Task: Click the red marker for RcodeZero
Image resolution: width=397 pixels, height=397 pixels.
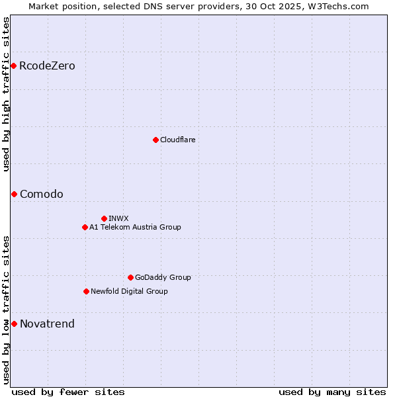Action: [13, 66]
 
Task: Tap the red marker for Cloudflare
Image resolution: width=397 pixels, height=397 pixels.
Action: [155, 140]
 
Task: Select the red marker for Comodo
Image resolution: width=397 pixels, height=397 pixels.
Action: [14, 194]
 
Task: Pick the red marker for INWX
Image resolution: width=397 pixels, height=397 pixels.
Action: [104, 218]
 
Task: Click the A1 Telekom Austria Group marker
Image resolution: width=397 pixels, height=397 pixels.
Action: [85, 227]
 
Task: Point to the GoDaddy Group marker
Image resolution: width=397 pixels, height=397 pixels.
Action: [130, 277]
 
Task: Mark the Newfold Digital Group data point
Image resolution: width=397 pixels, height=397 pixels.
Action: [86, 291]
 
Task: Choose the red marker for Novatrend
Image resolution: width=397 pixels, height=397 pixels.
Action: [14, 324]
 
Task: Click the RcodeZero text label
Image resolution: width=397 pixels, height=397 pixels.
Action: [47, 66]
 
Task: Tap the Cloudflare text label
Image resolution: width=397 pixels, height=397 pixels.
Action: [177, 140]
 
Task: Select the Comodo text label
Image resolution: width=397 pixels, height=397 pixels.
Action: [42, 194]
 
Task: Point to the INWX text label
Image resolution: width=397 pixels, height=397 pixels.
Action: [118, 218]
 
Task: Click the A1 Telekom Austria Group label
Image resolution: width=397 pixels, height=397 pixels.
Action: [135, 227]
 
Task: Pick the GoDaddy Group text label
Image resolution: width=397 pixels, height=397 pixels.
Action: [163, 277]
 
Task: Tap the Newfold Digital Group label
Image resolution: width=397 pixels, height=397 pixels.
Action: [129, 291]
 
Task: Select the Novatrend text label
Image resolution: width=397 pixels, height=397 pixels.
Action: [47, 324]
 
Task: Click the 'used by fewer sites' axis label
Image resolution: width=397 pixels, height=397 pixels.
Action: [68, 392]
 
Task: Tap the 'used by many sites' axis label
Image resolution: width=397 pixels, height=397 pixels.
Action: [332, 392]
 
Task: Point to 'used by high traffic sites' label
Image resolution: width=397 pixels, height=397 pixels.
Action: [6, 94]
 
